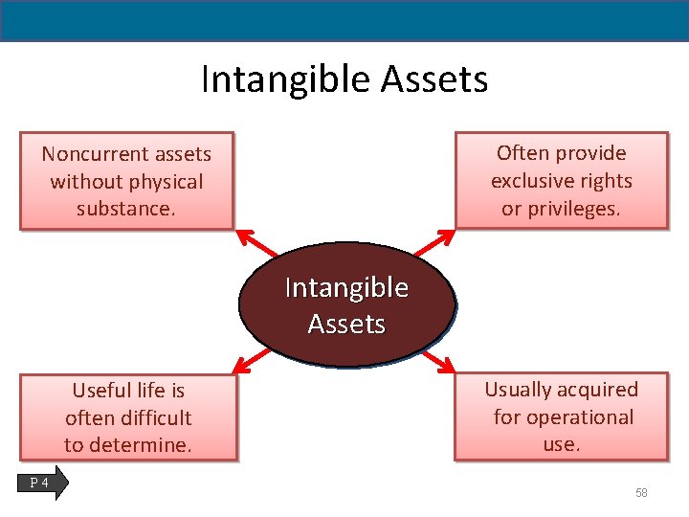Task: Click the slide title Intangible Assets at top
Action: pos(344,79)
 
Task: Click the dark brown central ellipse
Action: pos(346,304)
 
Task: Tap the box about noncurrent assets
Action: pos(126,181)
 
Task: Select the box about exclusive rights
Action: pos(562,180)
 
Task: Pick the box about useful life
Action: pos(128,417)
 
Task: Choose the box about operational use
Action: pos(562,416)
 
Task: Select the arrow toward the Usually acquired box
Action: pos(439,362)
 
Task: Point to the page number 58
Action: pos(641,492)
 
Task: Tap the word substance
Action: pos(126,209)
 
